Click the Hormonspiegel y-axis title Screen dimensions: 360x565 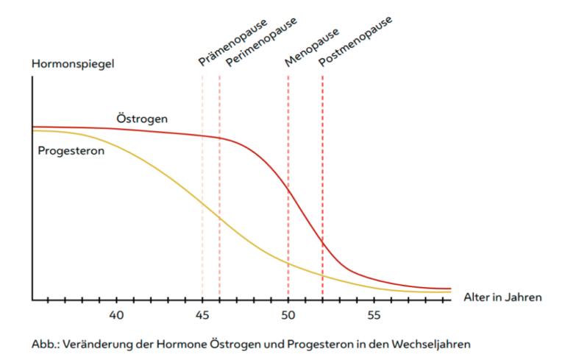pyautogui.click(x=73, y=63)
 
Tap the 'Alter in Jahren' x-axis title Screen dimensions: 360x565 pyautogui.click(x=502, y=297)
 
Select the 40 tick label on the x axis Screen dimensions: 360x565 pyautogui.click(x=116, y=315)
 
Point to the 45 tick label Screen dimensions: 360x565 pyautogui.click(x=202, y=315)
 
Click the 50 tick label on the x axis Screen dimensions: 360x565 pyautogui.click(x=288, y=315)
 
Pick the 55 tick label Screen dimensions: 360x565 pyautogui.click(x=374, y=315)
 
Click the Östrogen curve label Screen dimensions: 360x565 pyautogui.click(x=142, y=118)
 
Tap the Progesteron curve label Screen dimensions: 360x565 pyautogui.click(x=71, y=150)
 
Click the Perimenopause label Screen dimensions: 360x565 pyautogui.click(x=261, y=42)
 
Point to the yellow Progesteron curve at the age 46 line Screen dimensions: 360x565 pyautogui.click(x=219, y=218)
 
